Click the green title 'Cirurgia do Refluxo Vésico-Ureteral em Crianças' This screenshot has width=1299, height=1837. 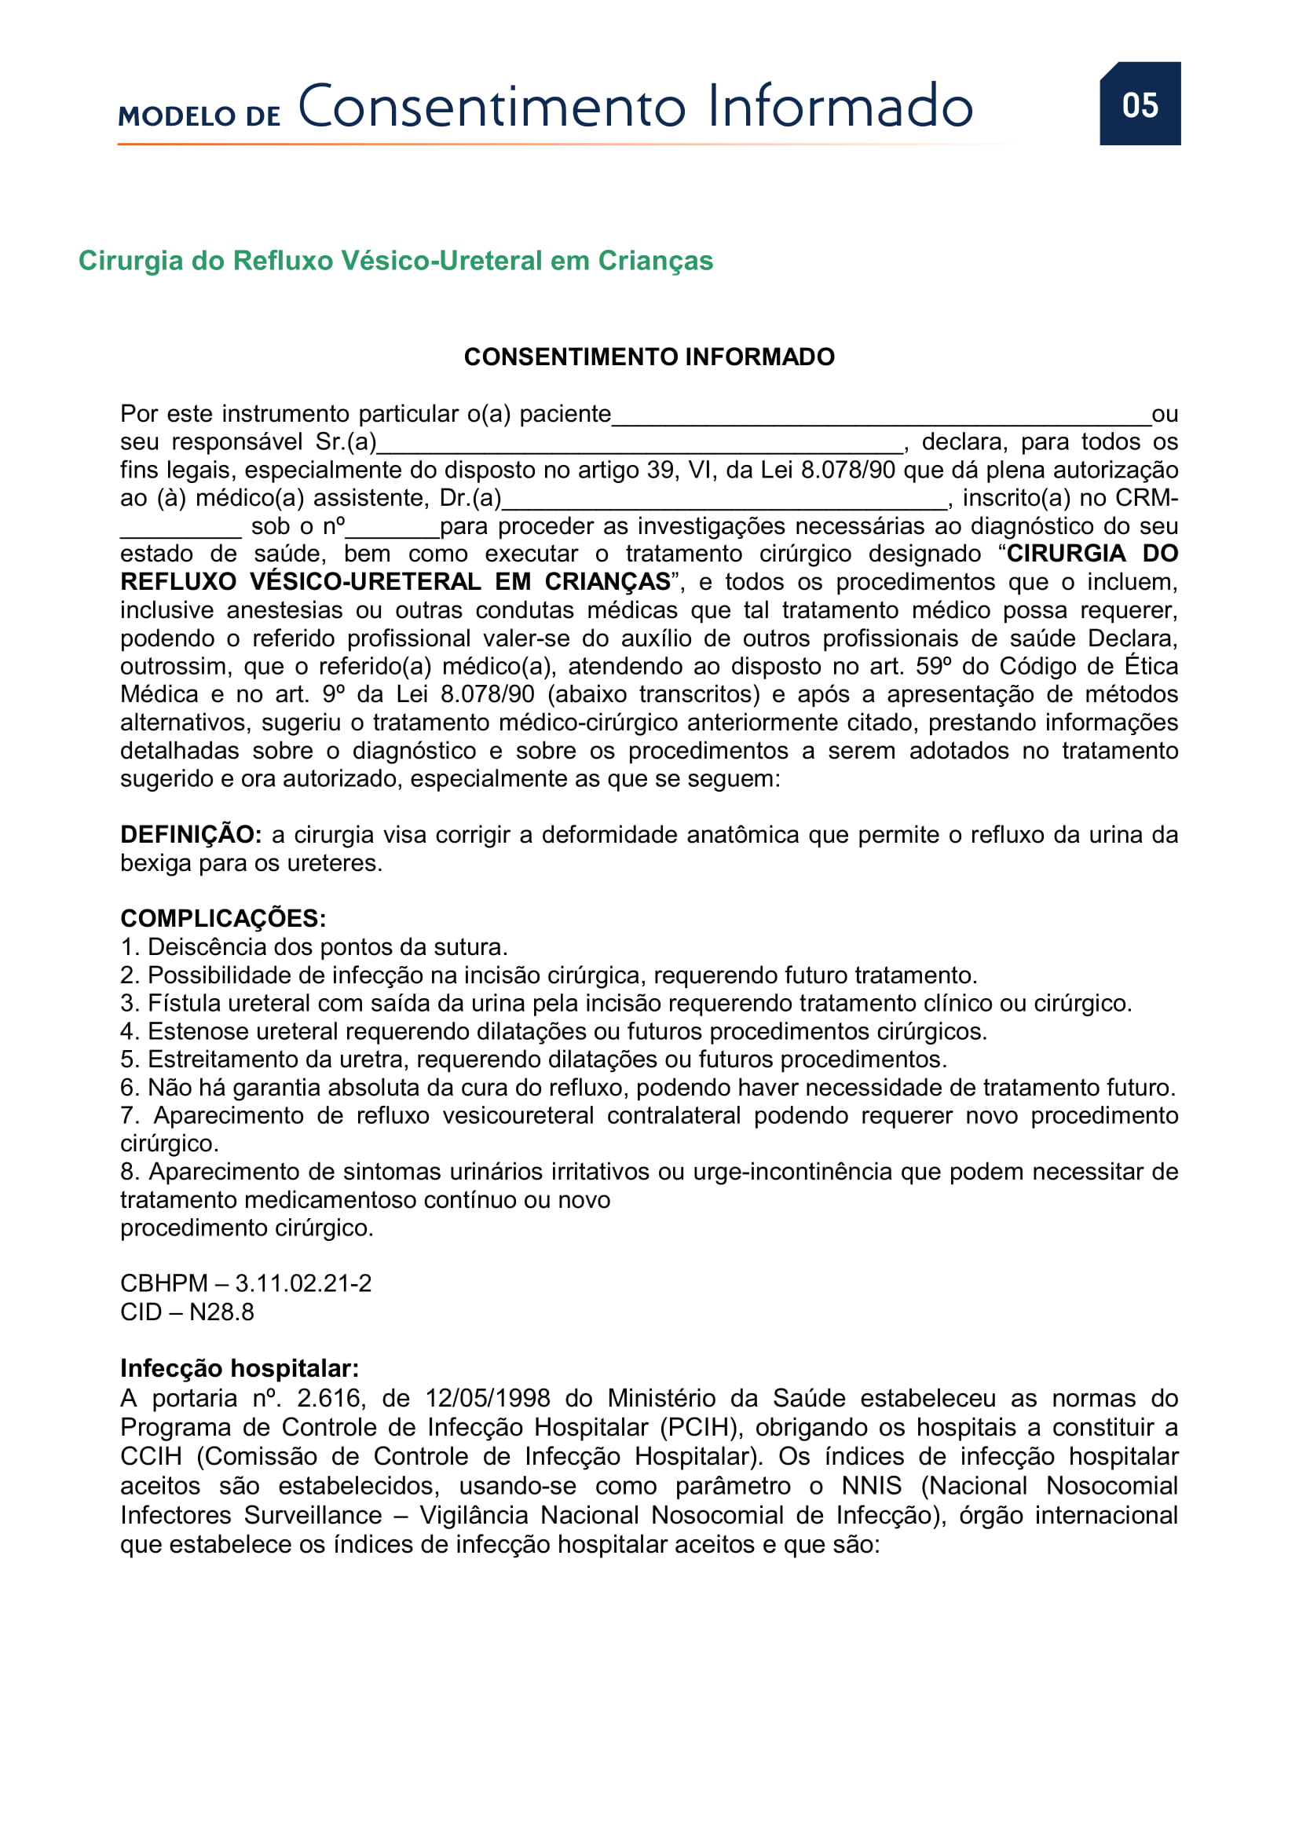click(x=395, y=261)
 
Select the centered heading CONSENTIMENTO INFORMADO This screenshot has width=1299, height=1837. click(x=649, y=357)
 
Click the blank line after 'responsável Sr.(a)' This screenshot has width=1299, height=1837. click(x=640, y=445)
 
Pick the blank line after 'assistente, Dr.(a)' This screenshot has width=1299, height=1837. click(x=724, y=502)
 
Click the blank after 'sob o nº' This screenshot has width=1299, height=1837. click(x=392, y=529)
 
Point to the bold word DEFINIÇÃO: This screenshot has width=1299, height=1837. click(x=190, y=835)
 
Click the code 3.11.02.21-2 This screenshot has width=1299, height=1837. click(x=303, y=1283)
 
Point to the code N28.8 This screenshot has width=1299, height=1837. click(x=221, y=1312)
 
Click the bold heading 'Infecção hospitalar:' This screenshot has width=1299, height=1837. click(x=240, y=1369)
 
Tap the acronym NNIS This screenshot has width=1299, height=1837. click(x=871, y=1486)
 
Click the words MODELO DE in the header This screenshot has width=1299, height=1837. click(x=199, y=116)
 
